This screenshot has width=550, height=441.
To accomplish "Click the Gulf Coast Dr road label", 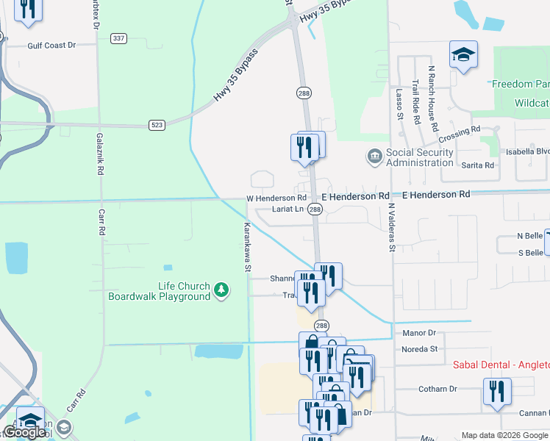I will [x=51, y=45].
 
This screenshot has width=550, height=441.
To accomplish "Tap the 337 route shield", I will [x=118, y=37].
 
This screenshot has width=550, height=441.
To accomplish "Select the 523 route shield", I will [x=157, y=126].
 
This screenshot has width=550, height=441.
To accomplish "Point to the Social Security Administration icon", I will [x=375, y=157].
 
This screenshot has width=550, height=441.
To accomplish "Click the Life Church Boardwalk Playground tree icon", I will [x=220, y=292].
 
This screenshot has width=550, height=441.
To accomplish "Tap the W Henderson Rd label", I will [x=276, y=198].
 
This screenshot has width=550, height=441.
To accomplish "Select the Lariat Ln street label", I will [x=287, y=209].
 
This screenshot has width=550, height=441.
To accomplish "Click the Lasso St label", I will [x=399, y=104].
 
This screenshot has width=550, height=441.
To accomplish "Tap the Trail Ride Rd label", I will [x=416, y=101].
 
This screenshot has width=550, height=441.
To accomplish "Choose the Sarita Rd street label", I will [x=477, y=165].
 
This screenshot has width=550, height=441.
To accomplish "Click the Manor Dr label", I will [x=420, y=333].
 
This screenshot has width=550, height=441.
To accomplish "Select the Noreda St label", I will [x=420, y=349].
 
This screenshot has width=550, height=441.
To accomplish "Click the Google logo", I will [x=24, y=432].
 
